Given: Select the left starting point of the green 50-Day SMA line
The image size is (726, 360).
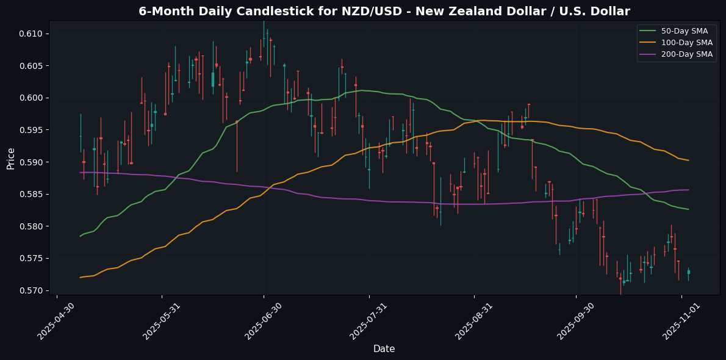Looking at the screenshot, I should coord(80,236).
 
